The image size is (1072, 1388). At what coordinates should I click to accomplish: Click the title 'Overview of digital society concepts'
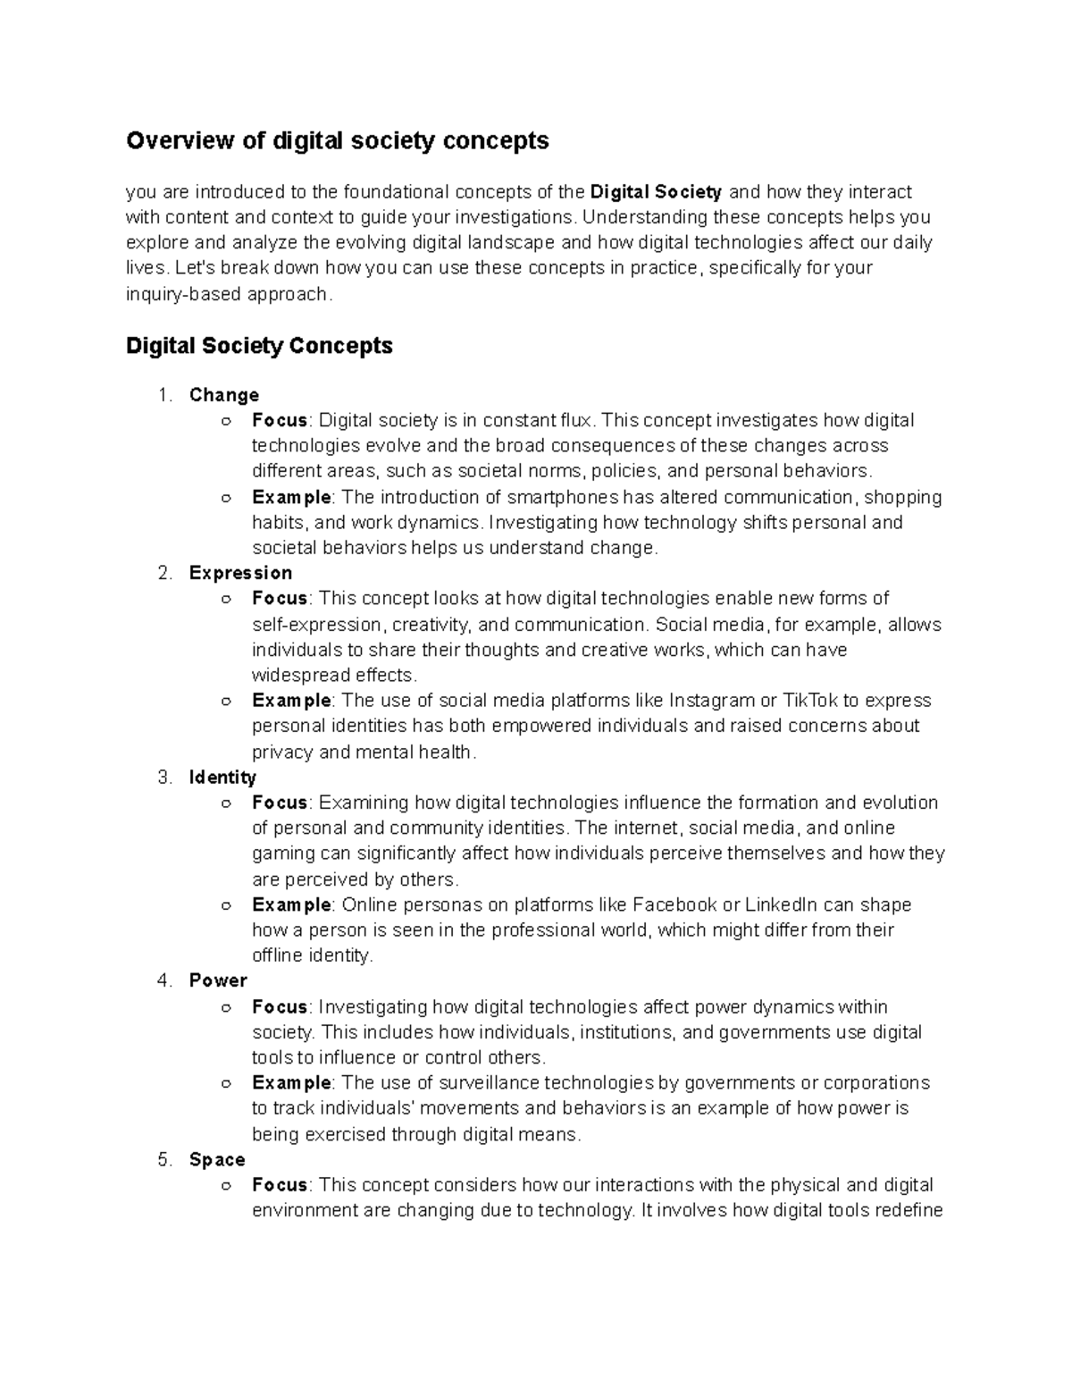coord(337,140)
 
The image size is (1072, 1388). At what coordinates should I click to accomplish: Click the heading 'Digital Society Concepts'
coord(259,345)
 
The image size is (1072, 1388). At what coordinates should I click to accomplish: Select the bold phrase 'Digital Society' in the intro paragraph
coord(657,191)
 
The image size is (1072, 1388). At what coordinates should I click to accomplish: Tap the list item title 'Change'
coord(224,394)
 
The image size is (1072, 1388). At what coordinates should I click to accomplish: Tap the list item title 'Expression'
coord(240,572)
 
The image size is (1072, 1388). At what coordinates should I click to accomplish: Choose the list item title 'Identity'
coord(222,777)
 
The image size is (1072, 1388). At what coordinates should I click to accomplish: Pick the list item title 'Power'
coord(218,980)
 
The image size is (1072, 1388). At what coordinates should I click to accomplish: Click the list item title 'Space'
coord(217,1159)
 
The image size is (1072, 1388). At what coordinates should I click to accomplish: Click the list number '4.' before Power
coord(164,980)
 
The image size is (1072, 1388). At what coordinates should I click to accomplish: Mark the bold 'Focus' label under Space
coord(280,1184)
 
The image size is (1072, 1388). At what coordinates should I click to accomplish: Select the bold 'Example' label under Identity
coord(291,904)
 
